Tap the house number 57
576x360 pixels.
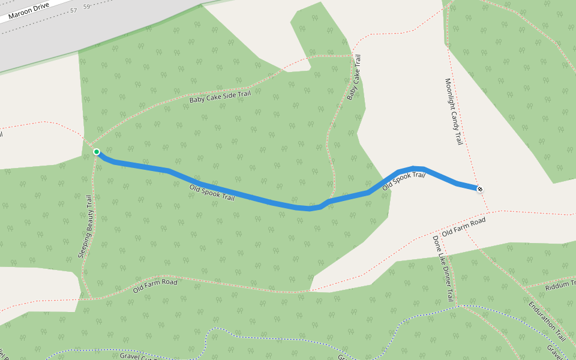(x=74, y=11)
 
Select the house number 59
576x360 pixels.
(x=87, y=7)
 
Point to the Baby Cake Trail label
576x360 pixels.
(x=355, y=77)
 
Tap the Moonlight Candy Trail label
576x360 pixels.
(x=454, y=112)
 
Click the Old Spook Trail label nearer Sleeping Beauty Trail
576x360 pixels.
(x=212, y=193)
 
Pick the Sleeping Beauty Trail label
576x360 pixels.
(x=86, y=227)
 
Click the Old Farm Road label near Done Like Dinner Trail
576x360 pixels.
(x=463, y=226)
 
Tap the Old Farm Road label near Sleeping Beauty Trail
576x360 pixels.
(x=155, y=285)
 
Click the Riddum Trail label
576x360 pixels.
(x=559, y=286)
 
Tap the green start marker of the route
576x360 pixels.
(x=96, y=152)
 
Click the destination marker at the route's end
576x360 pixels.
(x=479, y=189)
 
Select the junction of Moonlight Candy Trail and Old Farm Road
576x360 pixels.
(x=488, y=211)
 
